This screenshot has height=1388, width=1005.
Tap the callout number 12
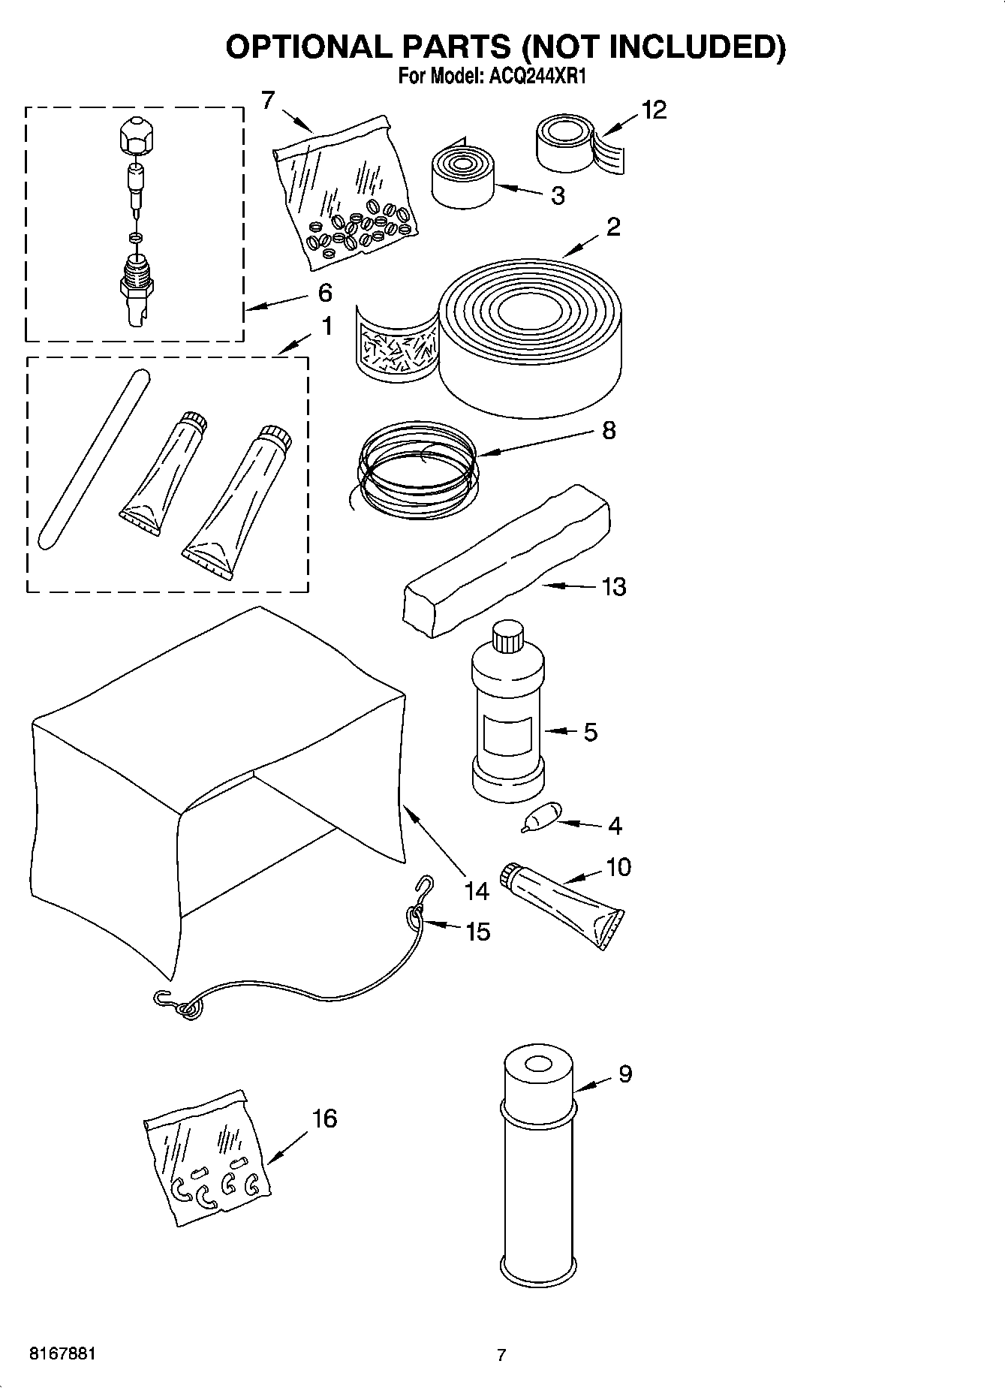[654, 110]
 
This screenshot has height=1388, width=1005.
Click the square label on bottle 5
[507, 734]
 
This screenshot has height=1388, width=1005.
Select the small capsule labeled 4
[543, 816]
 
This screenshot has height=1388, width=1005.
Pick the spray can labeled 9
[537, 1171]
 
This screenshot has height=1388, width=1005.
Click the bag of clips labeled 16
[207, 1161]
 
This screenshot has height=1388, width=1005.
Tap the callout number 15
[477, 932]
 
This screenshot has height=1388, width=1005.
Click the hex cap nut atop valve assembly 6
[137, 135]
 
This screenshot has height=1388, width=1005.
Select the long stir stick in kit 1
[92, 460]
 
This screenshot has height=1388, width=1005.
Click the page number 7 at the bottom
[501, 1355]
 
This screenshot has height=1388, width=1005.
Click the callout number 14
[476, 891]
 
